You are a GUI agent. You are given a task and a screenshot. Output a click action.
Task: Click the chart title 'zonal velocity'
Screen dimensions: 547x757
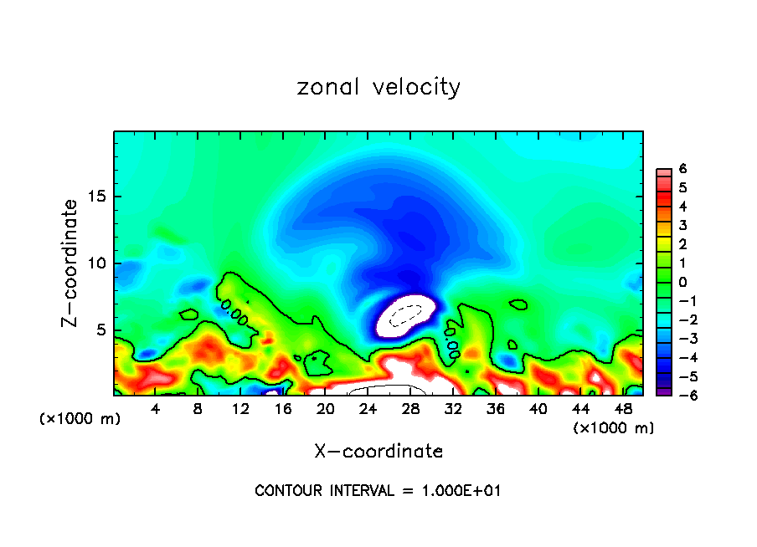(378, 87)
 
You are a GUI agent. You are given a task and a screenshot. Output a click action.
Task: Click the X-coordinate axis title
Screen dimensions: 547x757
(378, 452)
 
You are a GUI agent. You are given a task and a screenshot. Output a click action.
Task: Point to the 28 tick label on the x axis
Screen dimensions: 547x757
(410, 409)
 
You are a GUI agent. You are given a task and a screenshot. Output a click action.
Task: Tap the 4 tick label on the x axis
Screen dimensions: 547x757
(156, 409)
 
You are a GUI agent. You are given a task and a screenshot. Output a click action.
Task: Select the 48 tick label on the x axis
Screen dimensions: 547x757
(622, 409)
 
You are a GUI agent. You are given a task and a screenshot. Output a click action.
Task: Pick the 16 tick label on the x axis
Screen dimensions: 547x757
(283, 409)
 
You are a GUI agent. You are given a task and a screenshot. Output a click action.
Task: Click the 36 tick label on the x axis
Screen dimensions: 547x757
(495, 409)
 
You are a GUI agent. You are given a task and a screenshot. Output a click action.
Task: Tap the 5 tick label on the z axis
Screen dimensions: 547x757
(100, 330)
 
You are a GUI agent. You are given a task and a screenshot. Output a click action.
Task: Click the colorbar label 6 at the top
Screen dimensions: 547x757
(682, 169)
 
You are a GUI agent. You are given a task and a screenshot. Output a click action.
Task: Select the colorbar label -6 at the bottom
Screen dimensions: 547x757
(679, 396)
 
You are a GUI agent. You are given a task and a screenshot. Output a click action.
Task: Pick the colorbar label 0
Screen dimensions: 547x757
(682, 282)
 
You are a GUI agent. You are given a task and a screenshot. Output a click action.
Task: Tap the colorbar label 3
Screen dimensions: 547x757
(682, 225)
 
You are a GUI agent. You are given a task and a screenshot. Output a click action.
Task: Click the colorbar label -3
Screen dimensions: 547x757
(679, 339)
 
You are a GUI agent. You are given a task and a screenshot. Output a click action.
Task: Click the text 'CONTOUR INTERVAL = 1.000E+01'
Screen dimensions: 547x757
(378, 491)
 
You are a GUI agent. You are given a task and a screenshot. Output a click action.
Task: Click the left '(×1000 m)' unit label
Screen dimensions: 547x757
(80, 418)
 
